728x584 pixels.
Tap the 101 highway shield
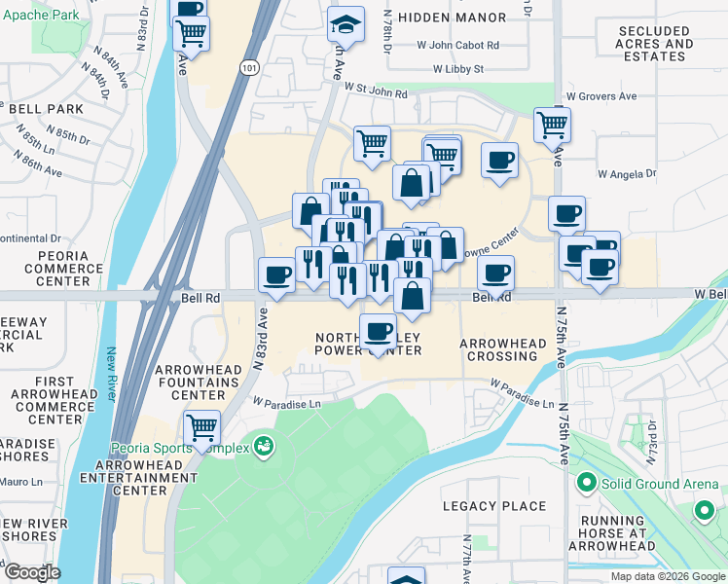[249, 67]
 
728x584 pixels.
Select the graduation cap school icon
[346, 24]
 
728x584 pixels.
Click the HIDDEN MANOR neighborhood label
[452, 18]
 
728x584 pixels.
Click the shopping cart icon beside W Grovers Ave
[552, 125]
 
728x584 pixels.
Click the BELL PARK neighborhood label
[46, 109]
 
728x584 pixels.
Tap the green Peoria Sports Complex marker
[262, 447]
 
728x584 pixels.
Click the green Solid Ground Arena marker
[586, 482]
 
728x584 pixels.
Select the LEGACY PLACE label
[493, 506]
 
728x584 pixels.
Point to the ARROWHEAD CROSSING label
[498, 350]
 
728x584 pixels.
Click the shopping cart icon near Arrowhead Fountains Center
[201, 427]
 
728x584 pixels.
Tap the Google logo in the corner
[32, 571]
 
